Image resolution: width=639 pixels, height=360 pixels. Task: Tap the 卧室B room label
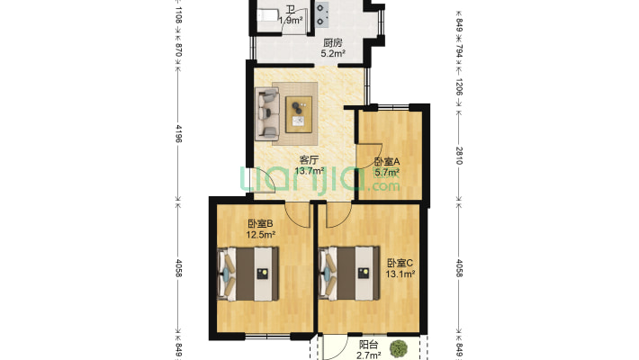[260, 225]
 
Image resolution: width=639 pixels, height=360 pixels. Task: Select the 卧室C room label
[400, 263]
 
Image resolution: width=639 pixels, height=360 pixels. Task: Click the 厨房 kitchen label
[332, 42]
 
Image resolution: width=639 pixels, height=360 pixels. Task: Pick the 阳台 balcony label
[367, 345]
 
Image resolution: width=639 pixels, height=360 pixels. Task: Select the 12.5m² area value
[261, 236]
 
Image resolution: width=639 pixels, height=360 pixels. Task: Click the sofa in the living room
[267, 114]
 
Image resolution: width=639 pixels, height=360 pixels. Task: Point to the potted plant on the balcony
[397, 346]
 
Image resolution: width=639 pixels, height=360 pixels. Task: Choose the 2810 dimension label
[459, 154]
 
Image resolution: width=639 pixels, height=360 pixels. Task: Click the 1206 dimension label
[459, 86]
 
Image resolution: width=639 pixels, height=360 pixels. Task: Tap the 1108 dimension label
[178, 14]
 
